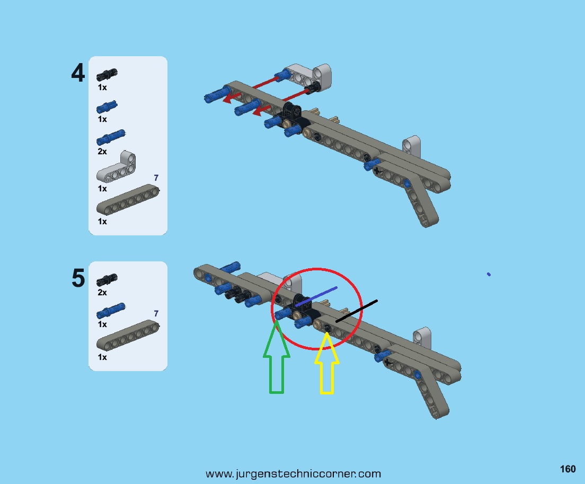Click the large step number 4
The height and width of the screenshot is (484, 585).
[x=78, y=73]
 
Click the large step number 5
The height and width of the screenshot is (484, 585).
[x=78, y=278]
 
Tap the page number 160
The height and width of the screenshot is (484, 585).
[x=568, y=469]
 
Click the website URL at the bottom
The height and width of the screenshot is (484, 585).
[x=293, y=474]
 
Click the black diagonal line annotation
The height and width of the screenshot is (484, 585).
[x=357, y=311]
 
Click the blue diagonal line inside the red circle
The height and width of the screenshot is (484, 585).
[x=316, y=297]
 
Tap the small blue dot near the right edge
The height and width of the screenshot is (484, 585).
[x=489, y=274]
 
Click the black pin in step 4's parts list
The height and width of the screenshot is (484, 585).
[x=107, y=75]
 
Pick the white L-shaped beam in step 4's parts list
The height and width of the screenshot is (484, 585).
[x=117, y=167]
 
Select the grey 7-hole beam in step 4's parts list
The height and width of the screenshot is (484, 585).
[x=128, y=200]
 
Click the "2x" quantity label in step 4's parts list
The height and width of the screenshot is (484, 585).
[x=102, y=152]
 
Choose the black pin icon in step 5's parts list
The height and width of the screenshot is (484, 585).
[x=107, y=280]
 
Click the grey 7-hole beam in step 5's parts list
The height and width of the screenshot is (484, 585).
[x=128, y=336]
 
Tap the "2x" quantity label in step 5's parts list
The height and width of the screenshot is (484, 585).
[x=102, y=293]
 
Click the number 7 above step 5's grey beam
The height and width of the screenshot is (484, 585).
[x=156, y=313]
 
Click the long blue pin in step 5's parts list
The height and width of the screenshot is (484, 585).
[x=111, y=311]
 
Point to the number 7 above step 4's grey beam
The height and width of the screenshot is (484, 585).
[x=156, y=178]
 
